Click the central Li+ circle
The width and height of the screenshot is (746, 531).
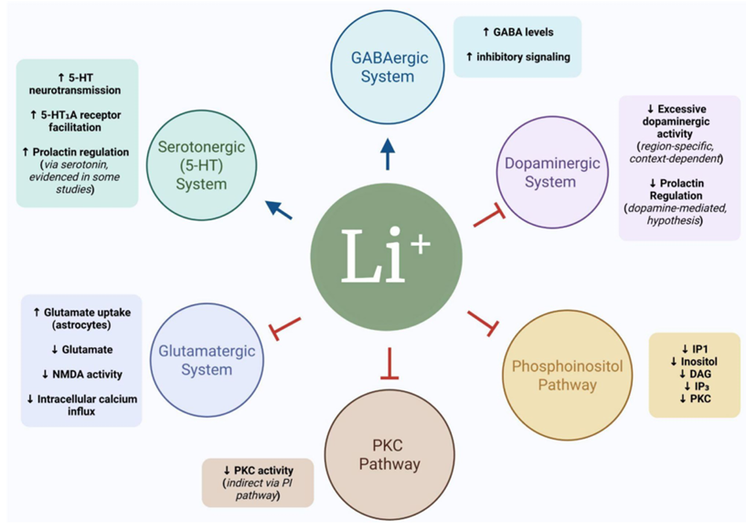[387, 257]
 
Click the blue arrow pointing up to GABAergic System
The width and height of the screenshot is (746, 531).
[388, 154]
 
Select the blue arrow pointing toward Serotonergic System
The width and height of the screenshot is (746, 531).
[279, 209]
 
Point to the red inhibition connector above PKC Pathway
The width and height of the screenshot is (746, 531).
[389, 364]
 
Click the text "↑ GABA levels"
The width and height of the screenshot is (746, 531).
[517, 32]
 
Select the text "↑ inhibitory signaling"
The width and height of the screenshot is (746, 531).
[517, 57]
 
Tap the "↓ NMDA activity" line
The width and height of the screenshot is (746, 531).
[82, 375]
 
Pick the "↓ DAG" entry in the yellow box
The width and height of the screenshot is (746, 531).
[695, 374]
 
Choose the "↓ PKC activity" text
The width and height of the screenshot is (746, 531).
[259, 471]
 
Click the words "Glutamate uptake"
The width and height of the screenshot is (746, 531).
[87, 313]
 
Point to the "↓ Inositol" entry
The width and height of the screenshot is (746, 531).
[694, 362]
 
